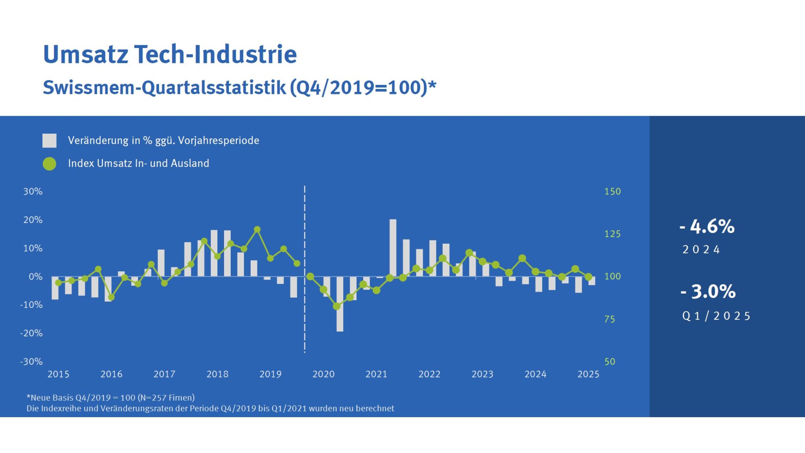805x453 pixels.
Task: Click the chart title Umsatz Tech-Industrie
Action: coord(170,54)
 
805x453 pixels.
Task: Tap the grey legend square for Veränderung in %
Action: coord(50,140)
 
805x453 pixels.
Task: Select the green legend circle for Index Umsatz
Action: coord(50,164)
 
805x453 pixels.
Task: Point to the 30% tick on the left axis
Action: coord(33,192)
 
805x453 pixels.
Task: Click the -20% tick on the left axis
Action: coord(31,333)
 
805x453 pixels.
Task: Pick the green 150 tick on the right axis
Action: coord(612,192)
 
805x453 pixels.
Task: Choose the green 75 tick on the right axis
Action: coord(610,319)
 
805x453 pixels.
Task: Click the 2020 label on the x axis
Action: coord(323,374)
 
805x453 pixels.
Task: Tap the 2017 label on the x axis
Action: coord(164,374)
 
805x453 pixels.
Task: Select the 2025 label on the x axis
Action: coord(588,374)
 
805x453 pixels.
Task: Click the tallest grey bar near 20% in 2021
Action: coord(393,248)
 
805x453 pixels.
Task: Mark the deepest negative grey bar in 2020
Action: coord(340,304)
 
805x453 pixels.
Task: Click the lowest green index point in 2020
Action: coord(336,306)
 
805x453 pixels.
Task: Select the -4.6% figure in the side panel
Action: coord(707,226)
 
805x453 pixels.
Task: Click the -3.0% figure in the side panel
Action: coord(708,292)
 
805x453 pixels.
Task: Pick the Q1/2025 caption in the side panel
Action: coord(716,316)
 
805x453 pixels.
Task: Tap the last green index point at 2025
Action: coord(588,277)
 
